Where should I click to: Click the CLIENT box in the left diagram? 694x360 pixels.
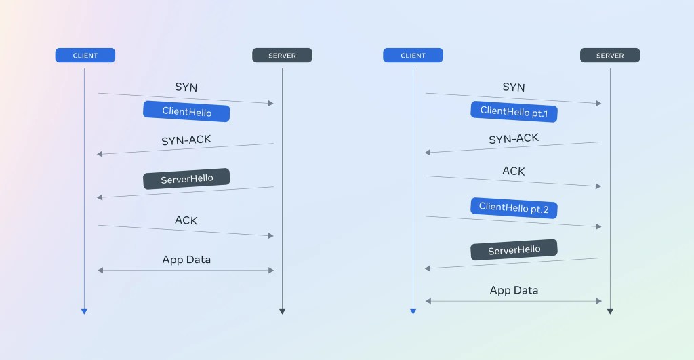click(x=85, y=56)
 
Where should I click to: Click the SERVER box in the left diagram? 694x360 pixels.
click(x=282, y=56)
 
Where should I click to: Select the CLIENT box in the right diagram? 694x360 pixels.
click(x=413, y=56)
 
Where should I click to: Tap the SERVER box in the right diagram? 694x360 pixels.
click(x=610, y=56)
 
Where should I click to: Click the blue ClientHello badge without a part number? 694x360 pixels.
click(x=186, y=112)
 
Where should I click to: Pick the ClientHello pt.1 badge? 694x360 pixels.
click(x=514, y=111)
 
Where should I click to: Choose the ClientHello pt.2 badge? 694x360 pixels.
click(x=514, y=207)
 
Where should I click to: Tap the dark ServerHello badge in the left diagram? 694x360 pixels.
click(x=186, y=179)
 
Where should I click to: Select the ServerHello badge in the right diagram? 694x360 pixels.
click(x=514, y=249)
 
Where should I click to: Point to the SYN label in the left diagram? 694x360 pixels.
click(x=186, y=87)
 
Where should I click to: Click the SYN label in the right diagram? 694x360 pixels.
click(x=514, y=87)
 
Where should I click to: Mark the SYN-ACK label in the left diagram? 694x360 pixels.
click(x=186, y=140)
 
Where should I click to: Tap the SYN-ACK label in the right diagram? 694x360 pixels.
click(x=514, y=139)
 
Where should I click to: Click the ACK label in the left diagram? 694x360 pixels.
click(x=186, y=220)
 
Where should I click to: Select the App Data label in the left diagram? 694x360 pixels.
click(x=186, y=260)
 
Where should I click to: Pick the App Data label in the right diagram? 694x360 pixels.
click(x=514, y=290)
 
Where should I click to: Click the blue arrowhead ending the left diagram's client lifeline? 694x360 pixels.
click(x=84, y=311)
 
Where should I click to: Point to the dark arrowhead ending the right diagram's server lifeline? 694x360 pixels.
click(x=610, y=311)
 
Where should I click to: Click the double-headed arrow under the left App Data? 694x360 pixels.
click(x=186, y=271)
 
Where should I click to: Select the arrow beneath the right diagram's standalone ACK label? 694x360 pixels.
click(x=514, y=181)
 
